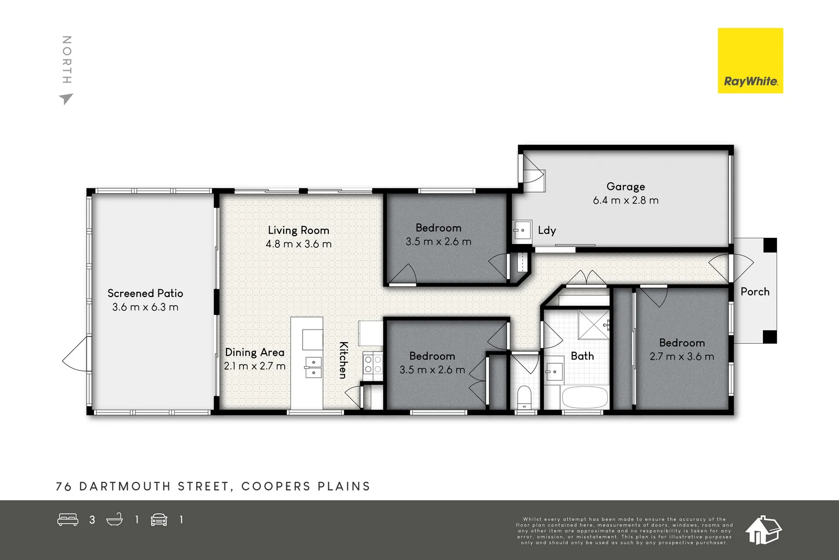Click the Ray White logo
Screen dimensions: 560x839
[x=750, y=61]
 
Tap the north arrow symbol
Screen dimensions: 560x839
[x=66, y=98]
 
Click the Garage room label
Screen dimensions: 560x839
[x=626, y=186]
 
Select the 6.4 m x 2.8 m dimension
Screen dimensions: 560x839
[x=626, y=200]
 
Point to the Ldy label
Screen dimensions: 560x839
[x=546, y=230]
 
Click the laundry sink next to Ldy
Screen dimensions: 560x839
[x=522, y=230]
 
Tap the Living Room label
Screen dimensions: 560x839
[x=298, y=230]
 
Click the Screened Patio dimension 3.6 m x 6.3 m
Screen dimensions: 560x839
[x=145, y=307]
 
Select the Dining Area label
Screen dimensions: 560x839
[x=255, y=352]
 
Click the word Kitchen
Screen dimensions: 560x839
[x=343, y=360]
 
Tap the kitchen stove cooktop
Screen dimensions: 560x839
[x=373, y=364]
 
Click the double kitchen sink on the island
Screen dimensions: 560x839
[x=313, y=367]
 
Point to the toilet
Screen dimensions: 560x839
[x=524, y=397]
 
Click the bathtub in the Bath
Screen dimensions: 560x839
[x=585, y=397]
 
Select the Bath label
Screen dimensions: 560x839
[x=582, y=356]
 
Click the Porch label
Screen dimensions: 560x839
[x=755, y=292]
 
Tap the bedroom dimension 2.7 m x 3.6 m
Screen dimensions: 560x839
[x=682, y=356]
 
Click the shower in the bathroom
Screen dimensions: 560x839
[x=594, y=324]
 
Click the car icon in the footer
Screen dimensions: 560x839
[x=159, y=520]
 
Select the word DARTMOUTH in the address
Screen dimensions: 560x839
[x=125, y=487]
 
